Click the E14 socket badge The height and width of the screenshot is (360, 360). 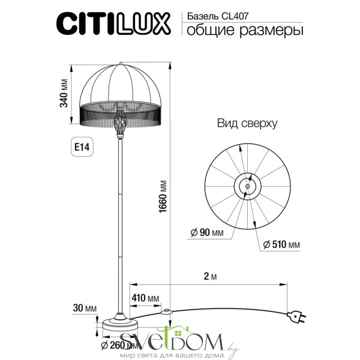point(82,146)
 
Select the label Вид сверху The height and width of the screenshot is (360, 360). point(246,124)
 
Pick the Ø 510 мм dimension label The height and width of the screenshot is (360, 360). point(281,245)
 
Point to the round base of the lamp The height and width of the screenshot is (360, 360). point(120,324)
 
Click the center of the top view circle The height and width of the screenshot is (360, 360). point(247,186)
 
